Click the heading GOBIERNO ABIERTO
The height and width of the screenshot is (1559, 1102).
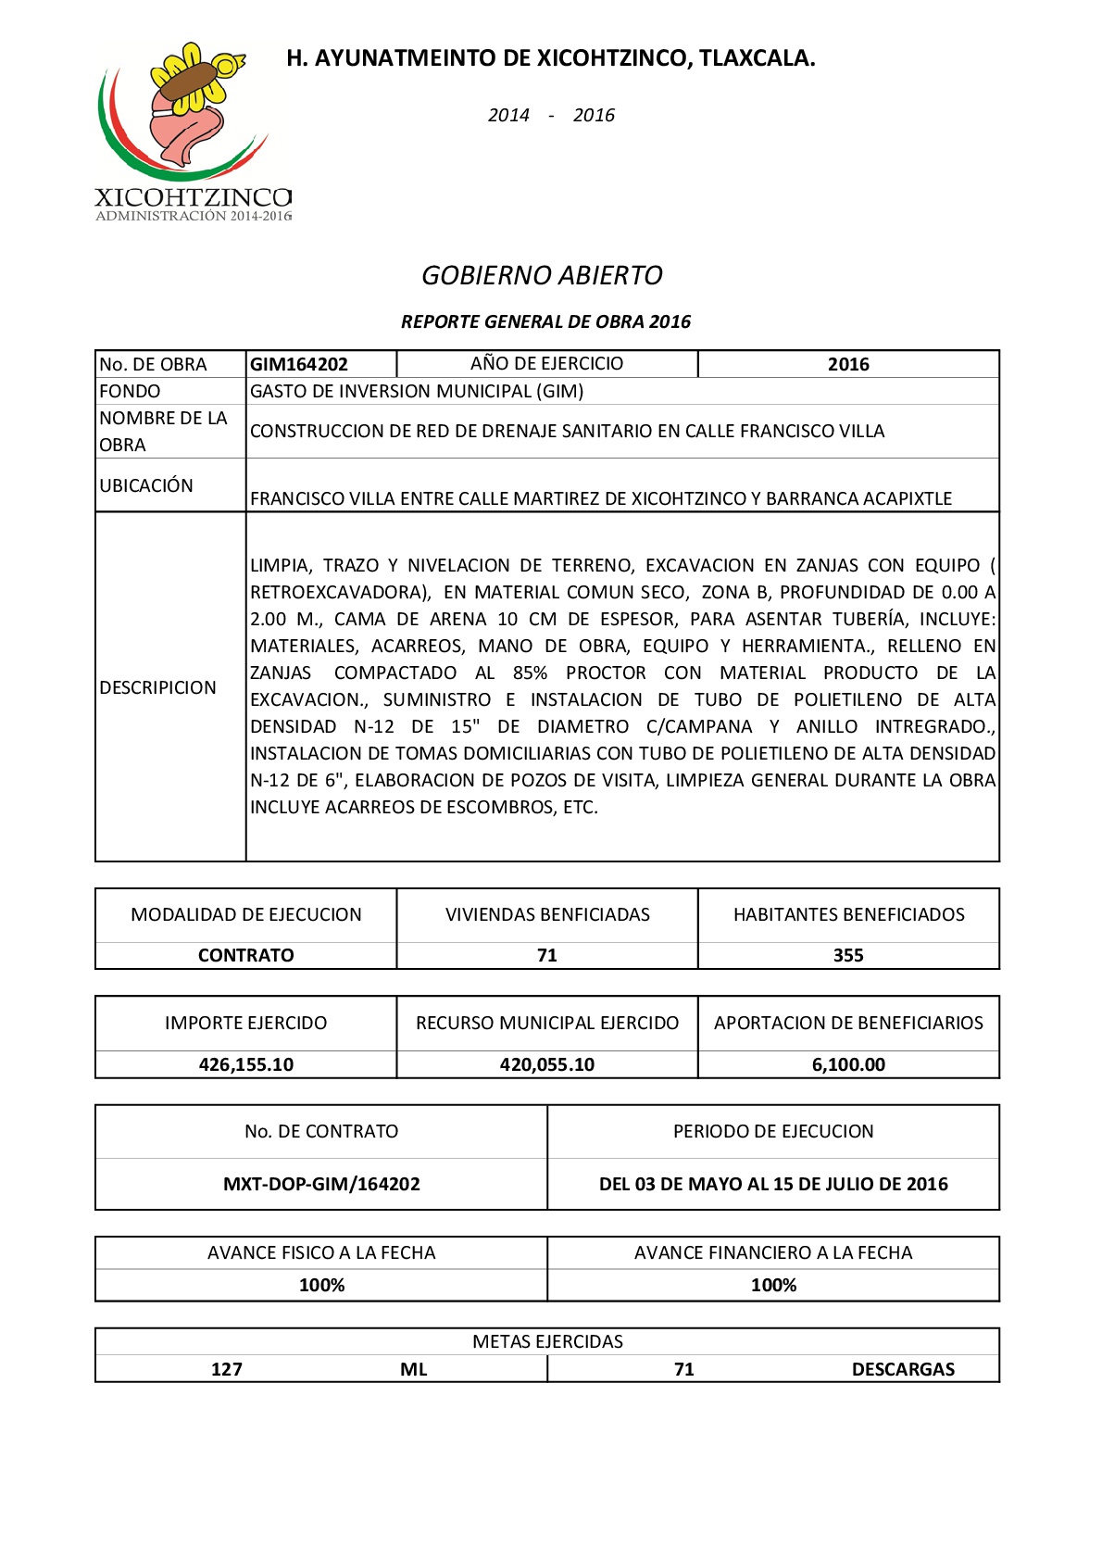542,275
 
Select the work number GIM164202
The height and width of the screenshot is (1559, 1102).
298,364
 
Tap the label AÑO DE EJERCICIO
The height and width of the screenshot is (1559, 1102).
546,363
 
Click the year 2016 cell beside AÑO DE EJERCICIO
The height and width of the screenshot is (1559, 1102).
847,364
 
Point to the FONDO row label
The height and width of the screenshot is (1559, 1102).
130,391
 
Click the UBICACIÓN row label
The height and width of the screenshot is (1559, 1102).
146,485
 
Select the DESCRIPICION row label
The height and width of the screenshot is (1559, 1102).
157,687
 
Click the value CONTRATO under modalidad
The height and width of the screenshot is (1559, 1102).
245,955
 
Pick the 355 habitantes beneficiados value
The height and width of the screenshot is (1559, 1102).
847,955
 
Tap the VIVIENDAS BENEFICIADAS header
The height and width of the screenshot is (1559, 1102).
547,914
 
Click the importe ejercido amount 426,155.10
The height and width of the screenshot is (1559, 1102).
245,1064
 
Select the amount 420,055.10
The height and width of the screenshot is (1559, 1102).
546,1064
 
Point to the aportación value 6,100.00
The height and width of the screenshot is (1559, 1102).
847,1064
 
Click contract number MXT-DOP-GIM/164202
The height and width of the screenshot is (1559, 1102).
321,1184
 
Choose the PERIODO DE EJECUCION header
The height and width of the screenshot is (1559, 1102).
773,1131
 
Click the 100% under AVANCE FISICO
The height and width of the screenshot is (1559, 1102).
321,1285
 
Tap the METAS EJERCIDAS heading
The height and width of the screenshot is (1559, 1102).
547,1341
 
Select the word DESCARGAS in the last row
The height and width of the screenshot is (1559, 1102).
902,1369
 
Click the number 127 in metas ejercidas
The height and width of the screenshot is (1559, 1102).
226,1369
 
